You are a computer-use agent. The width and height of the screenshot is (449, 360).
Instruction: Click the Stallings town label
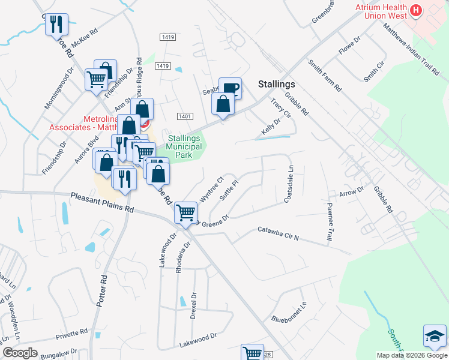pos(276,85)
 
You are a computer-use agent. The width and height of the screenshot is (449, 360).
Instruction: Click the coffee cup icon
pos(229,89)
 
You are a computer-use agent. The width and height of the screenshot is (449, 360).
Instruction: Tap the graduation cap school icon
pos(435,336)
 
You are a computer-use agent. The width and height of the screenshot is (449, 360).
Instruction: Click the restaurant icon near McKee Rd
pos(56,25)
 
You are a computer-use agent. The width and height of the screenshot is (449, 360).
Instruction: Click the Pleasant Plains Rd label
pos(101,202)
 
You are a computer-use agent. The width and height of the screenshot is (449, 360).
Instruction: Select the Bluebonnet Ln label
pos(289,313)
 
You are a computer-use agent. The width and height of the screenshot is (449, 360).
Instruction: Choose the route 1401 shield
pos(184,115)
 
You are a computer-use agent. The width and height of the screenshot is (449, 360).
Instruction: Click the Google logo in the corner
pos(20,353)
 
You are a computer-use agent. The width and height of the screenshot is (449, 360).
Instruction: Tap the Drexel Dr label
pos(193,306)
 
